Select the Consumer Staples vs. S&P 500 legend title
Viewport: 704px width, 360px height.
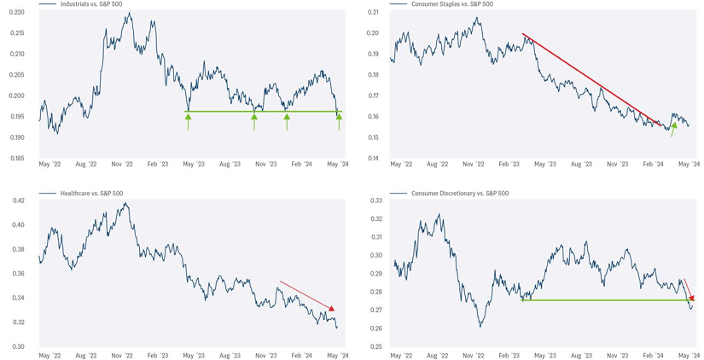[x=452, y=4]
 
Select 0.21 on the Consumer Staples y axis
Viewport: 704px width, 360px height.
[x=372, y=12]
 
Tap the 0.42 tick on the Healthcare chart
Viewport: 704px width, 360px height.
[x=18, y=201]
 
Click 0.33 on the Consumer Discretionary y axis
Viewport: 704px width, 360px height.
[x=372, y=201]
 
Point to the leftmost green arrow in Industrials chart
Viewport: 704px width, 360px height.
[x=189, y=121]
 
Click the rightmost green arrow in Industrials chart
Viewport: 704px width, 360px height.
[x=339, y=121]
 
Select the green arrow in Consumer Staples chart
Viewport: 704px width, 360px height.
[x=673, y=128]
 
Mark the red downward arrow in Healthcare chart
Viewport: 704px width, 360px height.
[x=307, y=296]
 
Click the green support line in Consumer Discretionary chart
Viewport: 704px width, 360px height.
[x=597, y=300]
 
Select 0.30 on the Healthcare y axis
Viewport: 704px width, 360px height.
[x=18, y=346]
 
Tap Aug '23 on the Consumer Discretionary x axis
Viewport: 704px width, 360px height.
[x=581, y=355]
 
